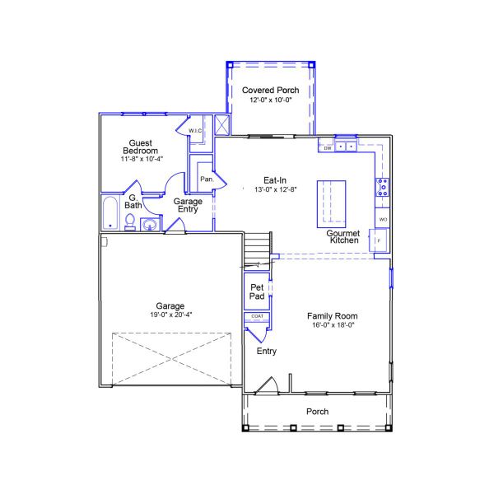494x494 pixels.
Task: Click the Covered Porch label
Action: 270,90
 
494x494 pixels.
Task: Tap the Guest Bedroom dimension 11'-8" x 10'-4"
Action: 142,159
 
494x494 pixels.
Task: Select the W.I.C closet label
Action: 195,130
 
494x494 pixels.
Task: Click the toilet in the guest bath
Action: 130,221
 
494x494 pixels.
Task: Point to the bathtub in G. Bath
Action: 110,213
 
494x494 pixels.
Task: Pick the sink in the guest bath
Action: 150,225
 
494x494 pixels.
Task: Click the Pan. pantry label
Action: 207,179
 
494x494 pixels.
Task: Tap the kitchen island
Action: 331,204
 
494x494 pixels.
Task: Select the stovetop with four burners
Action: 383,187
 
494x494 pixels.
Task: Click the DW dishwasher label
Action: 328,148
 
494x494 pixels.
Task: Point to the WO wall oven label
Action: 383,219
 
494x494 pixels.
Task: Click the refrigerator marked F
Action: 380,240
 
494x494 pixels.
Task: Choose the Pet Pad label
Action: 257,291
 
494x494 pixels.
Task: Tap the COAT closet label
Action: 257,316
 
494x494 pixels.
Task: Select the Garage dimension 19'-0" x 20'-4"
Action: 171,315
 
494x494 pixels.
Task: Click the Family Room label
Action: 333,316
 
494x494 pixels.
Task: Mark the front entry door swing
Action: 267,385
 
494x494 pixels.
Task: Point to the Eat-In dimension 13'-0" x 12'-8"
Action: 276,189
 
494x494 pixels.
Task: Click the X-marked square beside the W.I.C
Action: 221,125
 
